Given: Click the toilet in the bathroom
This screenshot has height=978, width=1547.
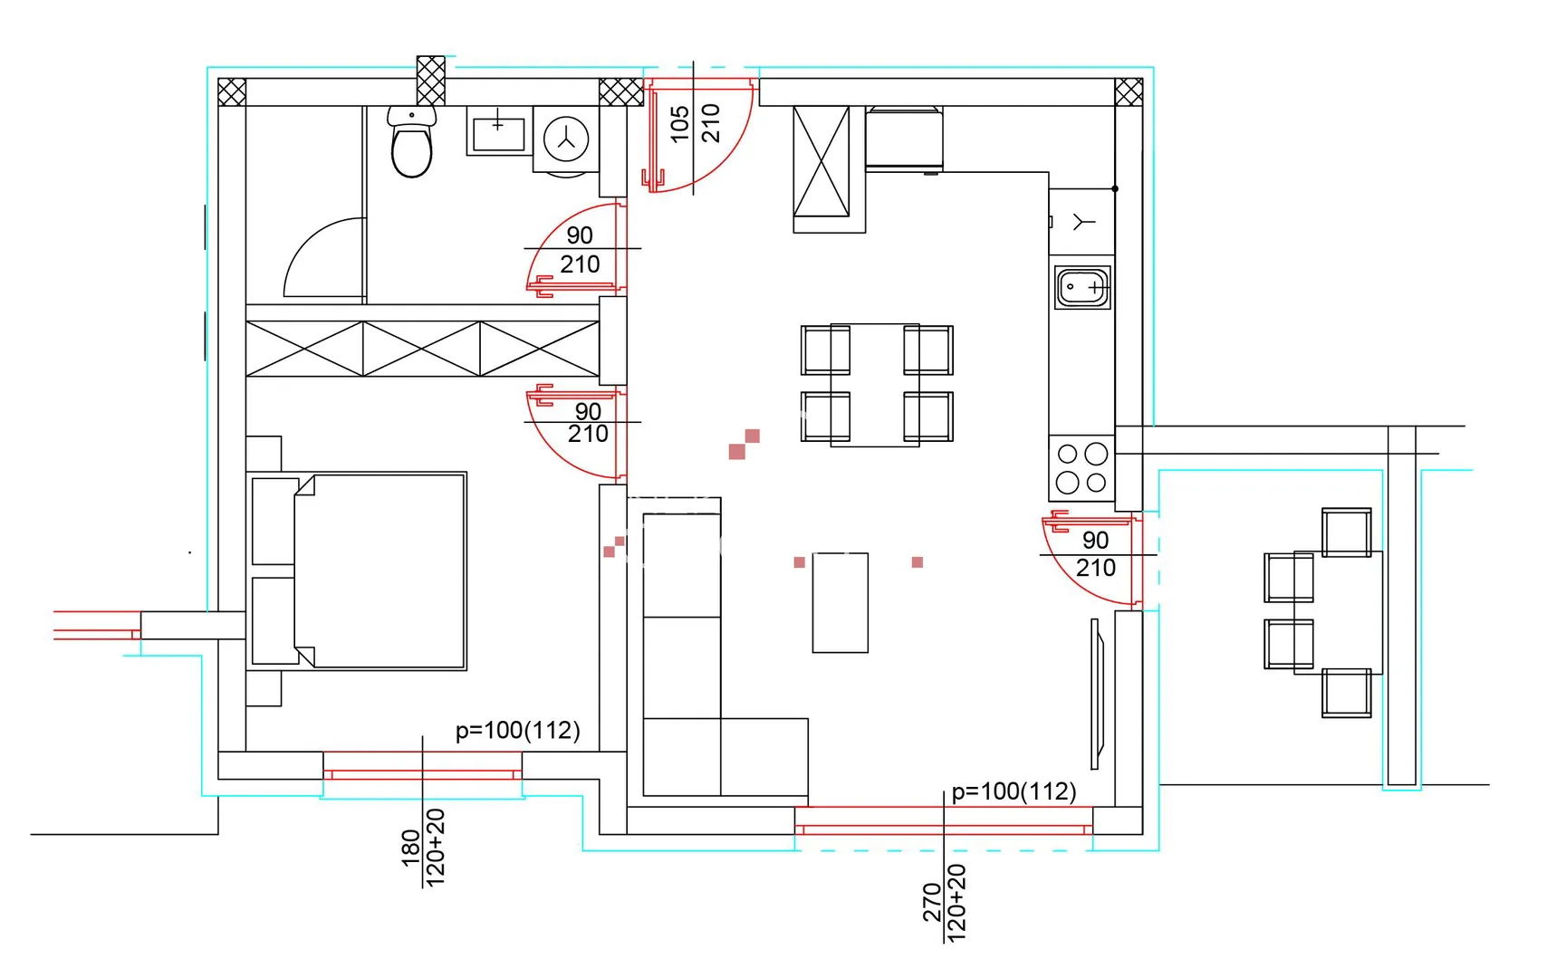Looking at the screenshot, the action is tap(411, 141).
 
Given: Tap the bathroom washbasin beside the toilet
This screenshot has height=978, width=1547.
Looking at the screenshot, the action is tap(499, 131).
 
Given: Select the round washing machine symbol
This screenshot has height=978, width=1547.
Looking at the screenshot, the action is tap(566, 139).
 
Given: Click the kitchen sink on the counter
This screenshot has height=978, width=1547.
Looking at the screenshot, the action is tap(1083, 287).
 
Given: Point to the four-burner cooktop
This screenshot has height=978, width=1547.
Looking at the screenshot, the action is tap(1081, 468).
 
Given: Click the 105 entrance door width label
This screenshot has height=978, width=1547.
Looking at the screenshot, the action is tap(680, 124).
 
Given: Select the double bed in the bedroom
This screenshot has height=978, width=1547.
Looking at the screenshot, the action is tap(357, 571).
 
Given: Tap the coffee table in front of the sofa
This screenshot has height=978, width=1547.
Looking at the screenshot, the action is tap(841, 602).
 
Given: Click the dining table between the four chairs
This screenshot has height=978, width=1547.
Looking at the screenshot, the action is tap(875, 386).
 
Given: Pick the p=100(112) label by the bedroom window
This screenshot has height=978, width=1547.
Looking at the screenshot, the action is tap(518, 731).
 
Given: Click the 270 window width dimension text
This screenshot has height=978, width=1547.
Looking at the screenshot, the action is tap(932, 903).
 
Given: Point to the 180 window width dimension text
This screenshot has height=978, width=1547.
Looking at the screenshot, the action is tap(411, 849).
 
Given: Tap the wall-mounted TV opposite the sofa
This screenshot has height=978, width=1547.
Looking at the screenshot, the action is tap(1097, 694).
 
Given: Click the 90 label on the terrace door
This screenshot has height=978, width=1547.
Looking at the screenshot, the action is tap(1095, 540).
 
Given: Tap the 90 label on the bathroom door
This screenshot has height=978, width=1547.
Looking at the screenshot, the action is tap(580, 235).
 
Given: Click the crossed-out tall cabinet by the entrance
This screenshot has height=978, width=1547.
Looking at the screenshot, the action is tap(822, 161).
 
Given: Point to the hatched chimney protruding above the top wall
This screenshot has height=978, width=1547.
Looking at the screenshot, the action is tap(431, 81).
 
